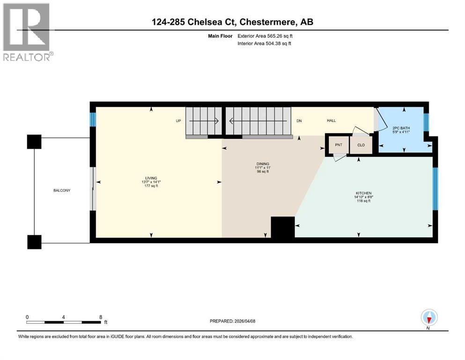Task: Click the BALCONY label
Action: (x=62, y=190)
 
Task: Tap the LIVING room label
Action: (x=151, y=178)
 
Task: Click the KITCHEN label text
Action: (x=363, y=193)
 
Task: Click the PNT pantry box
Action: (x=339, y=145)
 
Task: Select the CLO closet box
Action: (x=361, y=145)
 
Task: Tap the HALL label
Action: (x=331, y=120)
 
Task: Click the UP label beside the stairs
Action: (x=178, y=120)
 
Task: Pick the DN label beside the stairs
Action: (x=299, y=120)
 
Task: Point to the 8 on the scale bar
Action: (x=101, y=316)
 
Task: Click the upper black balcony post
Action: (x=34, y=142)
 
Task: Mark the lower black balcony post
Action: (x=34, y=241)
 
